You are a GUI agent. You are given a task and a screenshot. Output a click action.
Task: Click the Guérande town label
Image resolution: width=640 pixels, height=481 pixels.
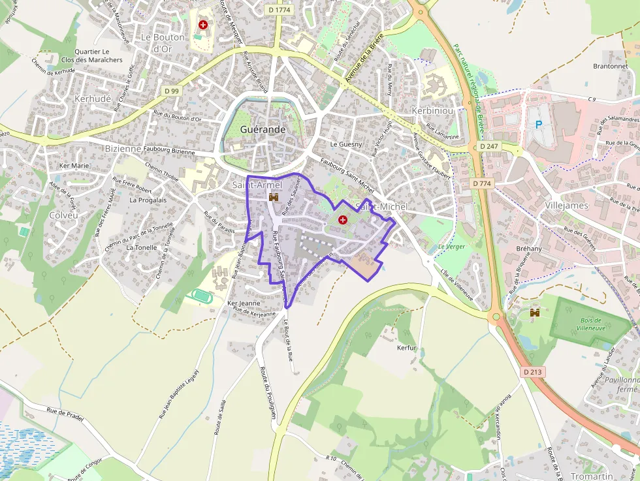tap(263, 129)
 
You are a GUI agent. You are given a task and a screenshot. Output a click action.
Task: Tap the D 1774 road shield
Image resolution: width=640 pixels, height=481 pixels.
tap(279, 9)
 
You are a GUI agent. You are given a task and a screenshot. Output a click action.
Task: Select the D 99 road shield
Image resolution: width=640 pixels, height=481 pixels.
tap(172, 91)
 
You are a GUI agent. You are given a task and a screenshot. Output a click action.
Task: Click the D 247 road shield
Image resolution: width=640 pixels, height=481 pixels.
tap(489, 147)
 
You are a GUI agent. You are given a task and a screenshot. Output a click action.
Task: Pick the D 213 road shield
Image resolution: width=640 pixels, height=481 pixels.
tap(534, 371)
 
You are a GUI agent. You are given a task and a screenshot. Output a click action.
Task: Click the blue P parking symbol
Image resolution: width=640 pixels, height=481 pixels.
tap(539, 125)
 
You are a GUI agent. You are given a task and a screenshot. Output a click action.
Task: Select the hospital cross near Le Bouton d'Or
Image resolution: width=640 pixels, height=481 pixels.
tap(203, 25)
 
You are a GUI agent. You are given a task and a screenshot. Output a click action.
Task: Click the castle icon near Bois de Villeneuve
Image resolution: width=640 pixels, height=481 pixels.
tap(535, 313)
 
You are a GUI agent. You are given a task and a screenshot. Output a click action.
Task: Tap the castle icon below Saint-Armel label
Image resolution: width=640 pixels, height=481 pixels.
tap(274, 197)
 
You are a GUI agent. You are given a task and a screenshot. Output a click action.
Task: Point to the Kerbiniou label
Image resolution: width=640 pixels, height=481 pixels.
tap(432, 111)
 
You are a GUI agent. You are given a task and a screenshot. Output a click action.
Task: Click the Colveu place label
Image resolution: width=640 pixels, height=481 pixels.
tap(63, 215)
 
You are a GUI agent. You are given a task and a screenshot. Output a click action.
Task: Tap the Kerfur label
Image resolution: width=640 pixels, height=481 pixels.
tap(406, 348)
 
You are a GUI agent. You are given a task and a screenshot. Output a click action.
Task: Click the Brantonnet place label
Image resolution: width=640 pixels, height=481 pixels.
tap(610, 66)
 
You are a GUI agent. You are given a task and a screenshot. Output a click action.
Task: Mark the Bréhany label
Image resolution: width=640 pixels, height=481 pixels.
tap(529, 249)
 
